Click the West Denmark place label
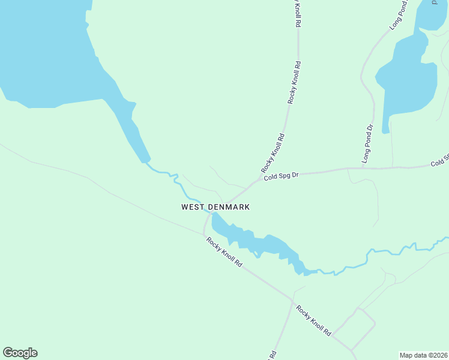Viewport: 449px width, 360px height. coord(215,207)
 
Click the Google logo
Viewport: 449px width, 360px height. coord(20,353)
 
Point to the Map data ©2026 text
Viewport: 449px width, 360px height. coord(424,355)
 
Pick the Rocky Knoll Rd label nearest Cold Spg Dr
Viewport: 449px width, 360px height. coord(273,153)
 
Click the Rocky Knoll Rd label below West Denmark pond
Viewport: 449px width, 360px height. coord(224,252)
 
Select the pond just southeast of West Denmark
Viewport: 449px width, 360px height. coord(258,243)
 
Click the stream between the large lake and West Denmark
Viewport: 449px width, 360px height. coord(177,183)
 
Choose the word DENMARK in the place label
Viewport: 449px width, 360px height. coord(229,207)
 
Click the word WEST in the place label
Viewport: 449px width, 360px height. coord(193,207)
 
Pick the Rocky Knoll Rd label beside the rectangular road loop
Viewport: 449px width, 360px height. coord(313,322)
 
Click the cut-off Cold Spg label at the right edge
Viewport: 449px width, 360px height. coord(439,161)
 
